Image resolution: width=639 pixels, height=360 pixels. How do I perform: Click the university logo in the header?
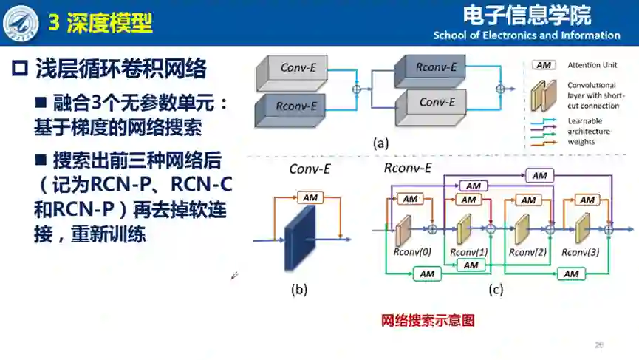pyautogui.click(x=21, y=22)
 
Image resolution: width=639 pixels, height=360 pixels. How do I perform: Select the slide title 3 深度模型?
pyautogui.click(x=100, y=23)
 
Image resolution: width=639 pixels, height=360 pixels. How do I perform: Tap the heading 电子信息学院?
pyautogui.click(x=527, y=15)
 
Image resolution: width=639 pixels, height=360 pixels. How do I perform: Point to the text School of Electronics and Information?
pyautogui.click(x=527, y=35)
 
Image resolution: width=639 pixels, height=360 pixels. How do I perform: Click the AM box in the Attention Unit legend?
pyautogui.click(x=544, y=65)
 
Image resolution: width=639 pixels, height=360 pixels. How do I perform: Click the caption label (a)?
pyautogui.click(x=381, y=143)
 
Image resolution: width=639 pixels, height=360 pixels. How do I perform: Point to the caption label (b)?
pyautogui.click(x=298, y=290)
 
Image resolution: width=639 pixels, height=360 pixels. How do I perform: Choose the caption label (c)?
pyautogui.click(x=496, y=290)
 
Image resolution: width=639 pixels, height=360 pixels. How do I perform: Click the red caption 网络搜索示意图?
pyautogui.click(x=427, y=321)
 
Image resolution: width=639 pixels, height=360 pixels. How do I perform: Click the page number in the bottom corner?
pyautogui.click(x=599, y=344)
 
